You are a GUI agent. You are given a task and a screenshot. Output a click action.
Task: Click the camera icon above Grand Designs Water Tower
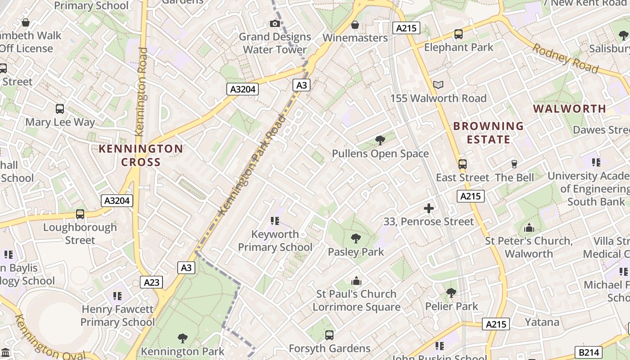point(274,23)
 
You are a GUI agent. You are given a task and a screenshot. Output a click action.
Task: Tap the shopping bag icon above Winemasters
point(355,25)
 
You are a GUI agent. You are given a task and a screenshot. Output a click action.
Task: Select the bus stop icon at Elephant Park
point(458,34)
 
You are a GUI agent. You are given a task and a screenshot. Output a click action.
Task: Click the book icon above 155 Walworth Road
point(438,85)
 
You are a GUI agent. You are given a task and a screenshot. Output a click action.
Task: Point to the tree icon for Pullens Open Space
point(380,140)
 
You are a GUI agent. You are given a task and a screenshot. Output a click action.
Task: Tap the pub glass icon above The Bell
point(514,164)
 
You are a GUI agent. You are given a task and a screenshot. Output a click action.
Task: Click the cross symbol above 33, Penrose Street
point(429,208)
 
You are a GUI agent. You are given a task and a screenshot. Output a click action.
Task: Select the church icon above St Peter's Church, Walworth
point(529,228)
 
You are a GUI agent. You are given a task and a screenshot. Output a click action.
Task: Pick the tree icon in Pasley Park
point(355,238)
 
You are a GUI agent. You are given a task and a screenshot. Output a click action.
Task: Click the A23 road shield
point(152,282)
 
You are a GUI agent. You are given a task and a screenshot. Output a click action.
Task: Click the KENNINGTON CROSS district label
point(141,155)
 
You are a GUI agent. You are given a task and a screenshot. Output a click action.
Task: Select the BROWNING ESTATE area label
point(488,133)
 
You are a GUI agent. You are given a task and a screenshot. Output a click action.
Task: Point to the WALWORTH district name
point(570,108)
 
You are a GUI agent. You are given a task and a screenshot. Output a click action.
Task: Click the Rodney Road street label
point(566,58)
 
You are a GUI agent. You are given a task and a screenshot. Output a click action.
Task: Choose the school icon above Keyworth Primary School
point(275,221)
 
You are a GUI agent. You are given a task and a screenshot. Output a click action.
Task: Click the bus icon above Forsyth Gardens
point(329,335)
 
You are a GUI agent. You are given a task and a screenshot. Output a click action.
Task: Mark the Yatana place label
point(542,322)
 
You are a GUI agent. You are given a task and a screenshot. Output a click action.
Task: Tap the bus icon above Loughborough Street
point(80,214)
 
